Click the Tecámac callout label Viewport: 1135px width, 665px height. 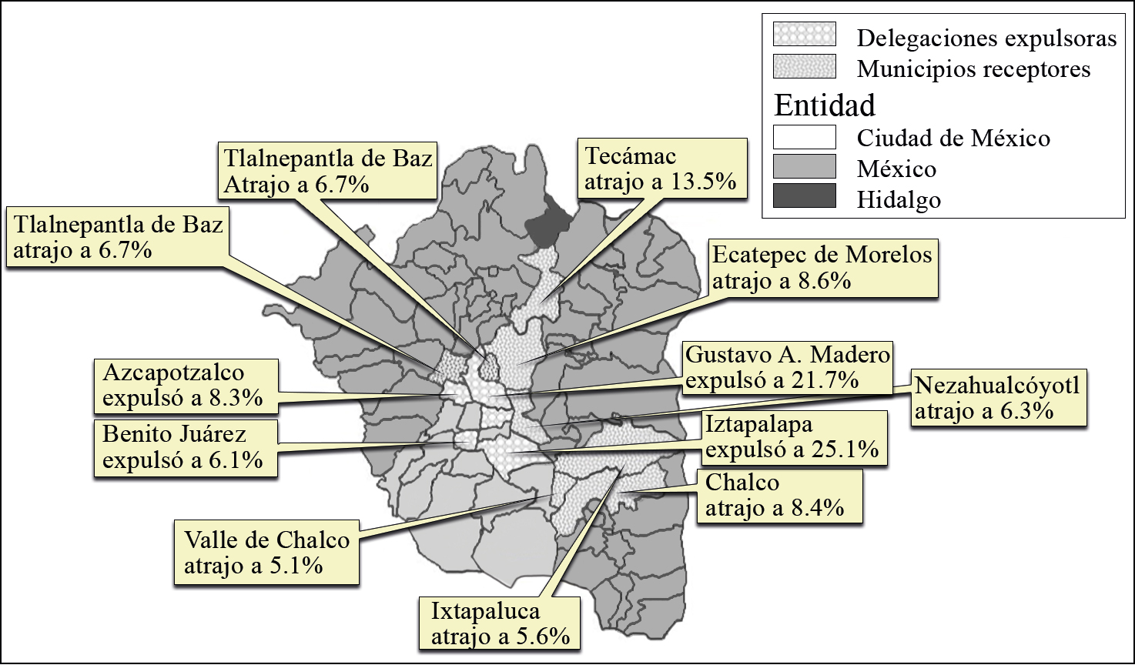tap(662, 169)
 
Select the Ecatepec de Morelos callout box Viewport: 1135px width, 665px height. tap(822, 268)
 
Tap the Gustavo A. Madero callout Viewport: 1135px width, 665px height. tap(788, 367)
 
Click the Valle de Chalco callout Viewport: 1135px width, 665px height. tap(266, 552)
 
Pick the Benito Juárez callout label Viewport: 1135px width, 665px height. tap(185, 446)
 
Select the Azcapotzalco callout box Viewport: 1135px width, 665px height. tap(185, 385)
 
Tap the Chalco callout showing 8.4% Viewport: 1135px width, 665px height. tap(779, 495)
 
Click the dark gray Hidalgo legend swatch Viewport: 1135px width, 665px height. tap(805, 195)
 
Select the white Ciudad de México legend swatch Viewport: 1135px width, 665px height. tap(805, 137)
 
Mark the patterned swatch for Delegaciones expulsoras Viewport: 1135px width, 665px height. tap(805, 35)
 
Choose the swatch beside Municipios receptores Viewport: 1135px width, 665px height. tap(805, 66)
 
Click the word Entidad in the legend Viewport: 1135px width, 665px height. tap(825, 104)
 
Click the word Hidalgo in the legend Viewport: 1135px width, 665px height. tap(899, 199)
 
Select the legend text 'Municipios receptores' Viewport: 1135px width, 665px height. tap(973, 69)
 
